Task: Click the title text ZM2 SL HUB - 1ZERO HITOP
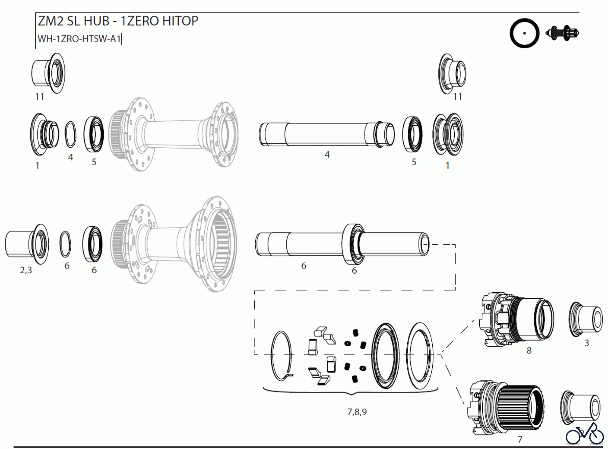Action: tap(118, 21)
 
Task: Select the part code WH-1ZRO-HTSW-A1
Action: tap(79, 39)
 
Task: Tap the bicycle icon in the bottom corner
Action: tap(584, 434)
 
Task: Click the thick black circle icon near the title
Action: tap(524, 33)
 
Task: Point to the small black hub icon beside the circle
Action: tap(562, 33)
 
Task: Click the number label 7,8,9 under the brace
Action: tap(357, 412)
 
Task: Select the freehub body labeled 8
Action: tap(517, 319)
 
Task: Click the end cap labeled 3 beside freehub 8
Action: tap(586, 319)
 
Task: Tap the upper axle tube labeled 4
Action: tap(326, 134)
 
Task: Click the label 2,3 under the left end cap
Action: tap(26, 270)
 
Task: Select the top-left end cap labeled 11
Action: tap(49, 73)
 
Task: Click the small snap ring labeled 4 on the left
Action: tap(70, 134)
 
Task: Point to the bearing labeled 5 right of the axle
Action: tap(412, 134)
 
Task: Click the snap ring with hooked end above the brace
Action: tap(282, 356)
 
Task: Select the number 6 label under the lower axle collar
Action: tap(354, 270)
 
